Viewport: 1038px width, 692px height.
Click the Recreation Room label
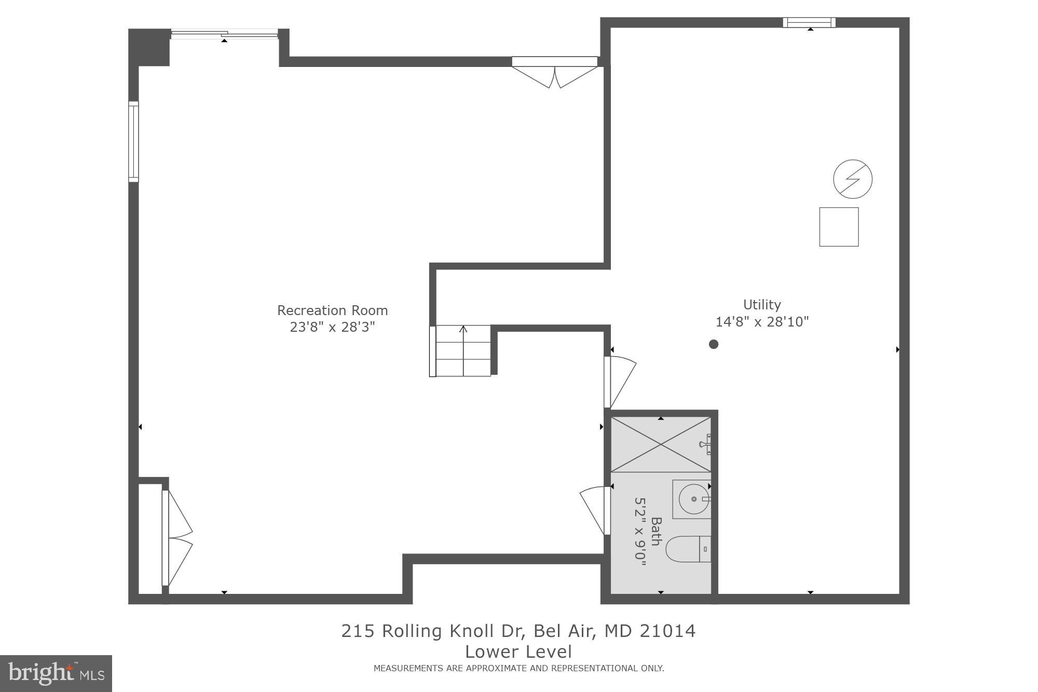(x=332, y=310)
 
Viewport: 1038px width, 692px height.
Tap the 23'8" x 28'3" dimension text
(x=332, y=327)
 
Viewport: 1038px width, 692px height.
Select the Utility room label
(x=761, y=305)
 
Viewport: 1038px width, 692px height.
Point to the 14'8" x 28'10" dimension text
(x=762, y=322)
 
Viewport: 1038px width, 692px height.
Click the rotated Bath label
(x=656, y=532)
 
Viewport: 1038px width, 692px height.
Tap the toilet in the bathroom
(x=688, y=549)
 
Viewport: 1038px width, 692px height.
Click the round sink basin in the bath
(x=693, y=499)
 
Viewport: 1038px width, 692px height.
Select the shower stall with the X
(x=660, y=444)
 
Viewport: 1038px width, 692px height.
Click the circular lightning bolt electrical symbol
(x=852, y=179)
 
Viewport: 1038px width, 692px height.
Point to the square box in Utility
(x=839, y=227)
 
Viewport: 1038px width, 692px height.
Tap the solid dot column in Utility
(x=714, y=344)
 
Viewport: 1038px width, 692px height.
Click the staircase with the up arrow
(x=462, y=350)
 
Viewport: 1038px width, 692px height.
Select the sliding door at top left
(x=224, y=35)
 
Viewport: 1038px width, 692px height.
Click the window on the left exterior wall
(x=133, y=141)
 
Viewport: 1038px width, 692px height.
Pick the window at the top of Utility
(x=809, y=22)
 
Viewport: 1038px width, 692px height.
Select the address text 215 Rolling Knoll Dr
(x=518, y=631)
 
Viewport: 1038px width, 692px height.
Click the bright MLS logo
(x=56, y=673)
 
